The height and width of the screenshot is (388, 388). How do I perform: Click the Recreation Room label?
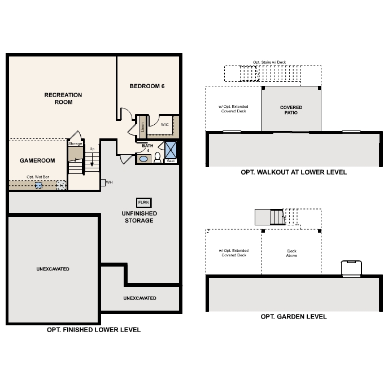pyautogui.click(x=63, y=98)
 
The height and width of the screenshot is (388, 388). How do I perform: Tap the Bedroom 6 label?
pyautogui.click(x=147, y=86)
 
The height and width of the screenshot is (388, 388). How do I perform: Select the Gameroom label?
pyautogui.click(x=37, y=160)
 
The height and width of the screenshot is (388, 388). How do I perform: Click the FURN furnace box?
pyautogui.click(x=144, y=203)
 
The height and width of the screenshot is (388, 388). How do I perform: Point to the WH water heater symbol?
pyautogui.click(x=103, y=182)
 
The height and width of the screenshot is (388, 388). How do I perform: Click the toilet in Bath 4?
pyautogui.click(x=158, y=158)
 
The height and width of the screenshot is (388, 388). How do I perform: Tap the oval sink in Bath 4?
pyautogui.click(x=143, y=159)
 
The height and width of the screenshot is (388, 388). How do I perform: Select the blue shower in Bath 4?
pyautogui.click(x=171, y=150)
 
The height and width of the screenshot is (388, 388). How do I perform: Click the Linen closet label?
pyautogui.click(x=142, y=127)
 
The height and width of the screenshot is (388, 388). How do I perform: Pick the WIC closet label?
pyautogui.click(x=164, y=124)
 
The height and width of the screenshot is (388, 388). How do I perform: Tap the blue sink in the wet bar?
pyautogui.click(x=38, y=185)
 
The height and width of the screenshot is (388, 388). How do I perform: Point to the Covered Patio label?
pyautogui.click(x=291, y=110)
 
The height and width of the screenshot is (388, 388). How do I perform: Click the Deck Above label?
pyautogui.click(x=292, y=253)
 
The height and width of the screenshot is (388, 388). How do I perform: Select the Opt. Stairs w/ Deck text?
pyautogui.click(x=269, y=62)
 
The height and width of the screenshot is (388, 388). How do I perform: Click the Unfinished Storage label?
pyautogui.click(x=139, y=217)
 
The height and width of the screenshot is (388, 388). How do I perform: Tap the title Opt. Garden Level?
pyautogui.click(x=294, y=317)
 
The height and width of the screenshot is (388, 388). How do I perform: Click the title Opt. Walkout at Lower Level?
pyautogui.click(x=294, y=172)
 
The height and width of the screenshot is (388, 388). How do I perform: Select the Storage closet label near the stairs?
pyautogui.click(x=75, y=144)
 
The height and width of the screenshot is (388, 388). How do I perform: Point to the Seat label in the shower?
pyautogui.click(x=171, y=161)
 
